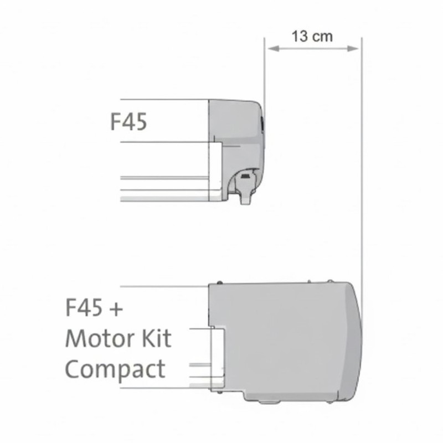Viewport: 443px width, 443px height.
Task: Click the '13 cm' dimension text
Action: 312,37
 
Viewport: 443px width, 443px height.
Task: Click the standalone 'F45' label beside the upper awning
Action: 128,121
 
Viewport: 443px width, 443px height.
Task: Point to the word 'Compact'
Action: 115,369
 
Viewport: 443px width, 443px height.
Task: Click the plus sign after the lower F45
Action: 115,308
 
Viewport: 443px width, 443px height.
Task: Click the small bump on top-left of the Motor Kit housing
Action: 220,282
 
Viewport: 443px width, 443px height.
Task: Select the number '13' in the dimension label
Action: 300,37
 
